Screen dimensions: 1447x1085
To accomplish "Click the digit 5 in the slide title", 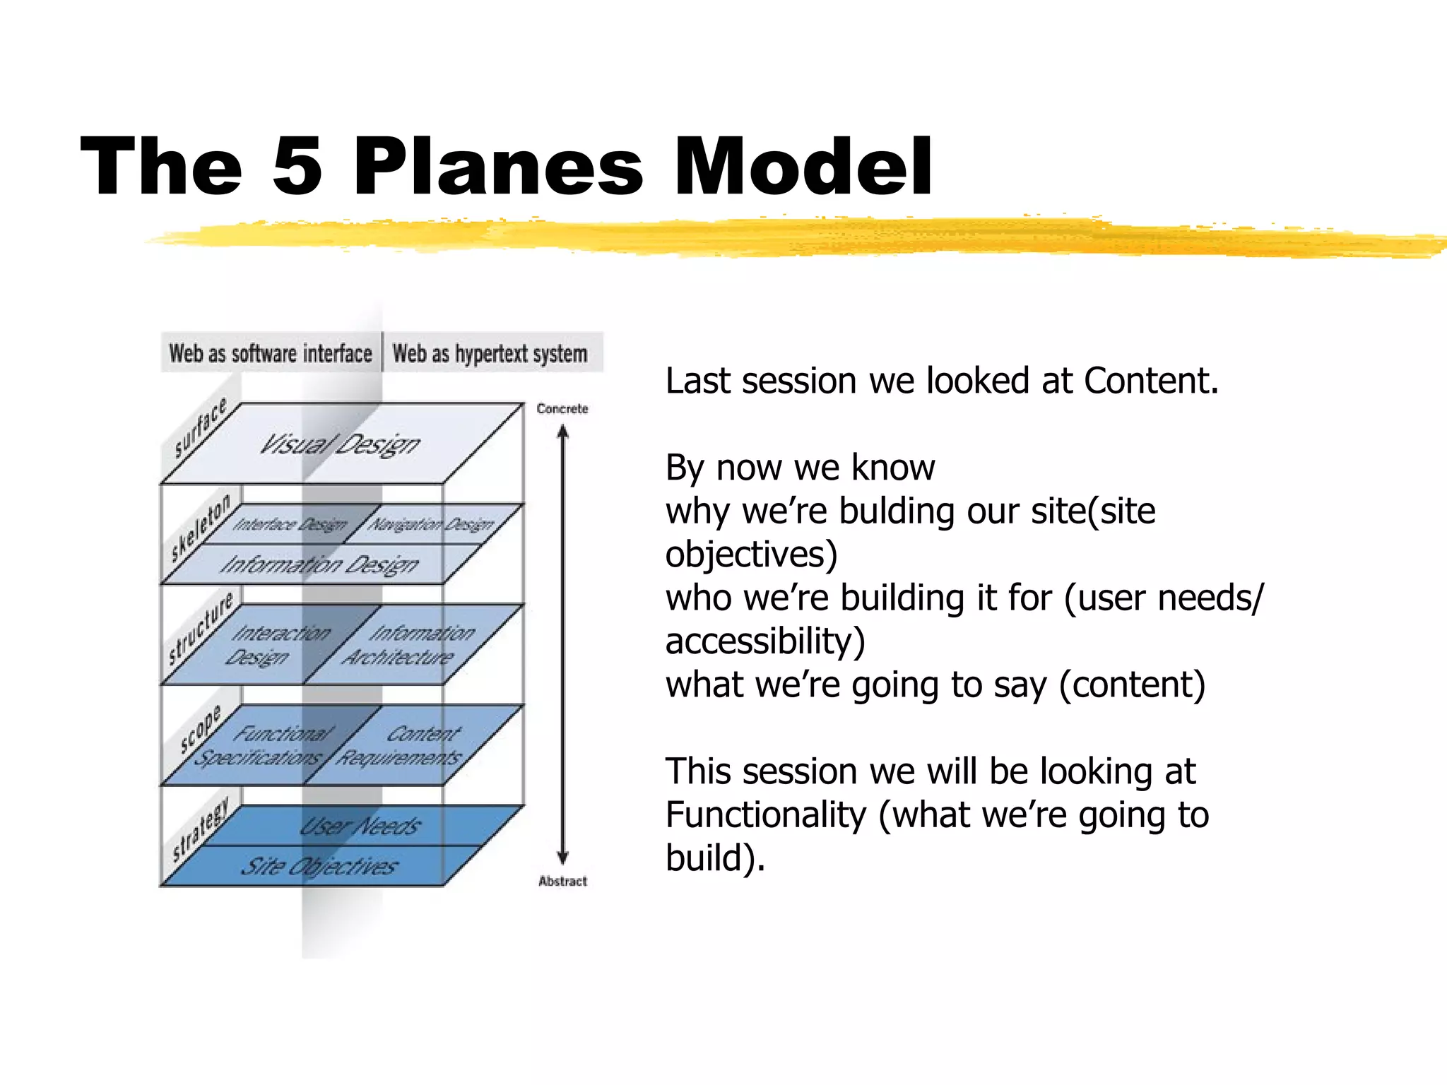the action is click(x=297, y=167).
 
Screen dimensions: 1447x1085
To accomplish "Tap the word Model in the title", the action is click(x=803, y=167).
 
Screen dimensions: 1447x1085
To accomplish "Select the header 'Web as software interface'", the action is click(x=271, y=352).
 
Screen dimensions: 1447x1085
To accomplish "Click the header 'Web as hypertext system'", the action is click(x=490, y=353).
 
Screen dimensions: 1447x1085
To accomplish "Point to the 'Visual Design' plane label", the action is click(x=340, y=444).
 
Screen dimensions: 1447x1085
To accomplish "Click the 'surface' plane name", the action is click(x=201, y=428).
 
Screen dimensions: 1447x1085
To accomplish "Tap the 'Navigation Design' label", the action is click(x=431, y=524).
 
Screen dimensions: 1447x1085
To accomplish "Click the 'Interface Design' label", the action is click(x=290, y=524).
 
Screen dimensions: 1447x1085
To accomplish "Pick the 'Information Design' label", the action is click(x=319, y=564).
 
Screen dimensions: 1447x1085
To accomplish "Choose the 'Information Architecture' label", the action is click(x=410, y=645).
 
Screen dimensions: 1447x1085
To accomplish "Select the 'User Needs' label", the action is click(x=360, y=826).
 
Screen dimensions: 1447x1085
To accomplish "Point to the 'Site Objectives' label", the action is click(x=319, y=866).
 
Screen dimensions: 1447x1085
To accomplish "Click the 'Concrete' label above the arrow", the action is click(x=562, y=408).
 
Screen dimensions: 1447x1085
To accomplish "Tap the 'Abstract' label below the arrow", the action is click(x=562, y=881).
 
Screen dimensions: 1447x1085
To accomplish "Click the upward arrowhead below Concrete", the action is click(x=563, y=431).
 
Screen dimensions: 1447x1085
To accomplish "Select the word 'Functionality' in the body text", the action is click(x=766, y=814).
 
